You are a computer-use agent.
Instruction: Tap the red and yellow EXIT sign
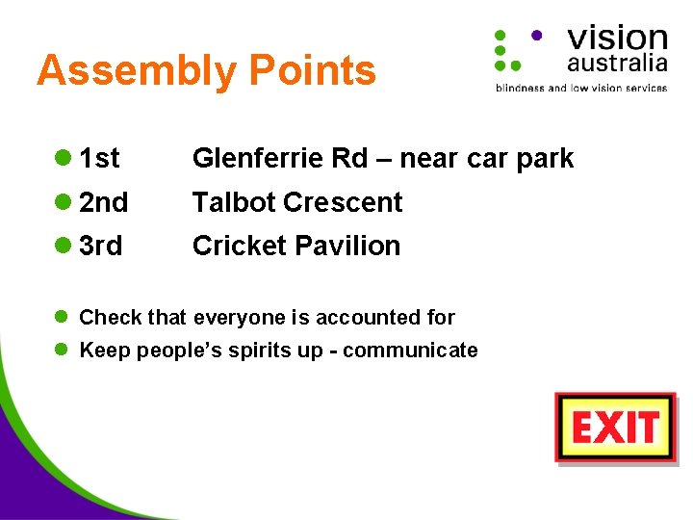[616, 428]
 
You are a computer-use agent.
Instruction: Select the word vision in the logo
[617, 38]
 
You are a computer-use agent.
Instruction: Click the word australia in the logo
[617, 64]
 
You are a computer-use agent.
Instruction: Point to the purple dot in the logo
[536, 34]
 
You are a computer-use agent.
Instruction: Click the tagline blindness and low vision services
[580, 88]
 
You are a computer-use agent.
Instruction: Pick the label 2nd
[103, 202]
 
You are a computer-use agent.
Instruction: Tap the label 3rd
[101, 247]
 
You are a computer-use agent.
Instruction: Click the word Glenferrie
[253, 158]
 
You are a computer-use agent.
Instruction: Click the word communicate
[410, 351]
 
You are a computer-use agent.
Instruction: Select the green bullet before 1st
[63, 158]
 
